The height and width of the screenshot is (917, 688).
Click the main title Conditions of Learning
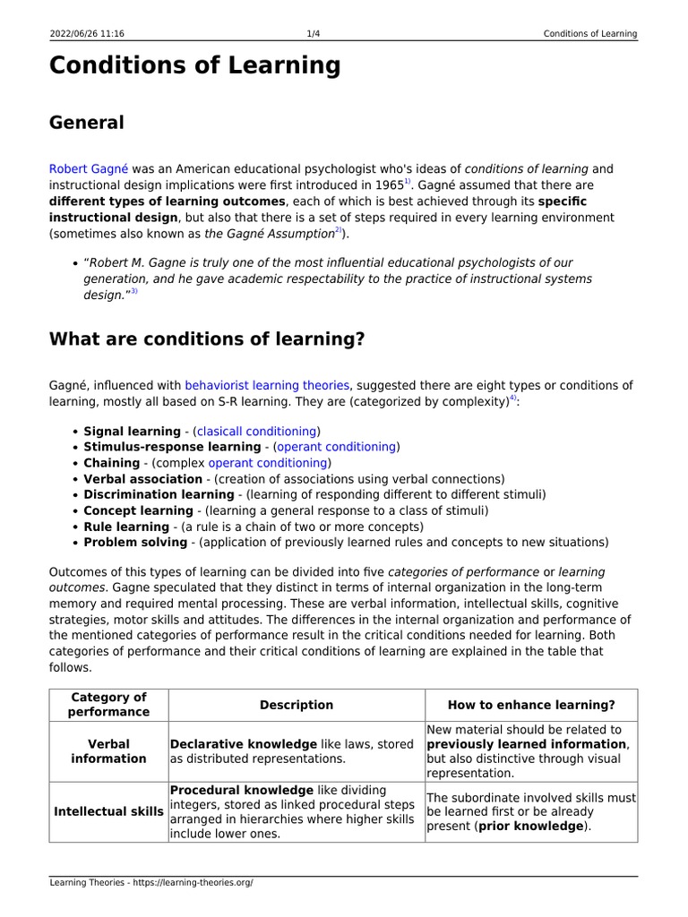(194, 65)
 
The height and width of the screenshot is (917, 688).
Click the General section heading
(86, 123)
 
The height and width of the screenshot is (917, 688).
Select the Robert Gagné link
(89, 168)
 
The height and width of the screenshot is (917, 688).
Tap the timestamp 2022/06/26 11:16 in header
(86, 34)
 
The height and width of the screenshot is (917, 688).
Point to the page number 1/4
(314, 34)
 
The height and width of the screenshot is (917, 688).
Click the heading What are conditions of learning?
(206, 339)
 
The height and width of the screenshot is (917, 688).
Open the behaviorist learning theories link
(266, 385)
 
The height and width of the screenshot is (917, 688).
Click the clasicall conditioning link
(256, 431)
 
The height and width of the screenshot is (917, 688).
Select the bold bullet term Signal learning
(132, 431)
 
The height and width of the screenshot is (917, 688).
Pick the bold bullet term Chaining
(111, 463)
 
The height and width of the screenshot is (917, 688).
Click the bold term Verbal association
(142, 479)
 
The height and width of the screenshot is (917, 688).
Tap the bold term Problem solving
(134, 542)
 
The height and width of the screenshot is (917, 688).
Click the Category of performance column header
(108, 705)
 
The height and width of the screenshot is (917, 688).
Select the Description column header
(297, 705)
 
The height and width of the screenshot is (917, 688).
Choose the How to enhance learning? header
(531, 705)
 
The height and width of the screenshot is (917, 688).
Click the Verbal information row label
(108, 751)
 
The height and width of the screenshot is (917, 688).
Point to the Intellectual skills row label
(108, 812)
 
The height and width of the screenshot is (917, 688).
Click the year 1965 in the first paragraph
(389, 184)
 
